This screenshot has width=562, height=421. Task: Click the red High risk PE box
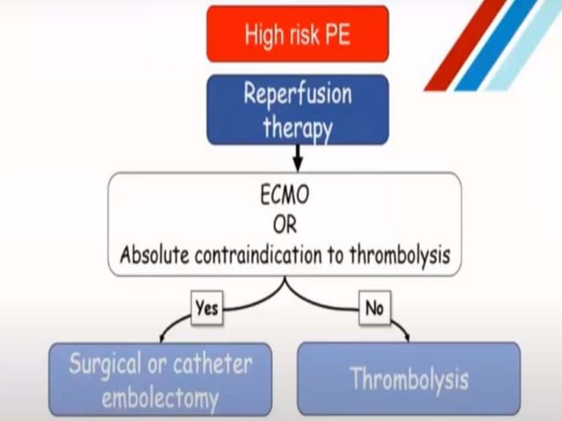pos(297,34)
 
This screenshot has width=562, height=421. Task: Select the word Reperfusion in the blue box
pos(297,94)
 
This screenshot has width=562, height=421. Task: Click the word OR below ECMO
pos(284,224)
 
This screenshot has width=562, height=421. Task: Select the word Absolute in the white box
pos(152,255)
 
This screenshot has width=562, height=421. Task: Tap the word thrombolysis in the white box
pos(397,255)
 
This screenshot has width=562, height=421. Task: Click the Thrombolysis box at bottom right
pos(409,379)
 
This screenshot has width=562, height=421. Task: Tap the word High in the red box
pos(263,35)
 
